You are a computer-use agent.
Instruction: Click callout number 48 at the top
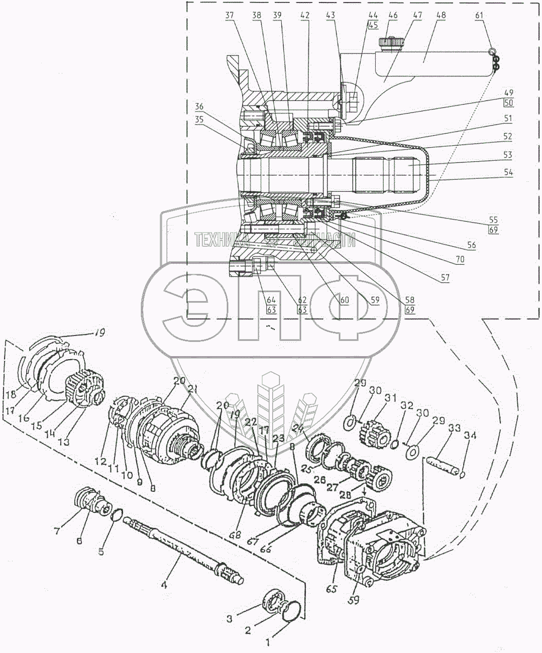click(x=441, y=16)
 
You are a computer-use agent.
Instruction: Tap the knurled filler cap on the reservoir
click(x=389, y=44)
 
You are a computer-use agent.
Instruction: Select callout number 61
click(x=479, y=16)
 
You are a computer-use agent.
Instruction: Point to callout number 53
click(x=508, y=155)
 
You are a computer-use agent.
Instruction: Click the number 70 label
click(x=460, y=260)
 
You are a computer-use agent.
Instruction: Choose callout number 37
click(x=230, y=16)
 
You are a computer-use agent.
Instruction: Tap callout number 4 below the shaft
click(x=163, y=585)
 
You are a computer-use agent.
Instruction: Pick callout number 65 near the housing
click(x=332, y=589)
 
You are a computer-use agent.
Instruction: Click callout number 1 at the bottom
click(x=268, y=642)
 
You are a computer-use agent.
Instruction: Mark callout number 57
click(x=445, y=277)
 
